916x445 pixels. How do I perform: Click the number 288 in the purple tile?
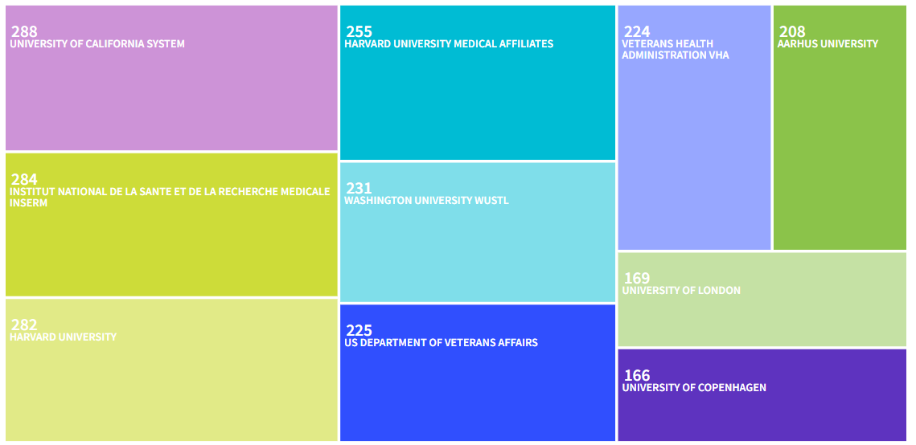click(24, 32)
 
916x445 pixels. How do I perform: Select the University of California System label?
click(97, 44)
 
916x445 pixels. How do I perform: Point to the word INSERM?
click(29, 203)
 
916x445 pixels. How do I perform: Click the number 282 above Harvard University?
click(24, 325)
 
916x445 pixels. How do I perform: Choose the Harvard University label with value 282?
click(63, 337)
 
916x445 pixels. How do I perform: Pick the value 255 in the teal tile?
click(359, 32)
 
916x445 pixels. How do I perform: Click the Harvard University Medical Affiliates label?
click(449, 44)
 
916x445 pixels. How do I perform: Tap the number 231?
click(359, 188)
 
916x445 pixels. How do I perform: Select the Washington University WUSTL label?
click(426, 200)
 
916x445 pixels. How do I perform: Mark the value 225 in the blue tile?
click(359, 331)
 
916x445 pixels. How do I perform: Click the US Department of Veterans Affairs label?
click(441, 343)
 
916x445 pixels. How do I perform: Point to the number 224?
click(637, 32)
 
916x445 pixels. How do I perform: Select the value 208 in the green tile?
click(792, 32)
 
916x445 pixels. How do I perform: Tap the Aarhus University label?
click(828, 44)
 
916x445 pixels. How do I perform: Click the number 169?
click(637, 279)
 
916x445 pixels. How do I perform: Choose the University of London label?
click(681, 291)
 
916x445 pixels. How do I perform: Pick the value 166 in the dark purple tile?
click(637, 376)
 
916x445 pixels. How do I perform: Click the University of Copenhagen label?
click(694, 388)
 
